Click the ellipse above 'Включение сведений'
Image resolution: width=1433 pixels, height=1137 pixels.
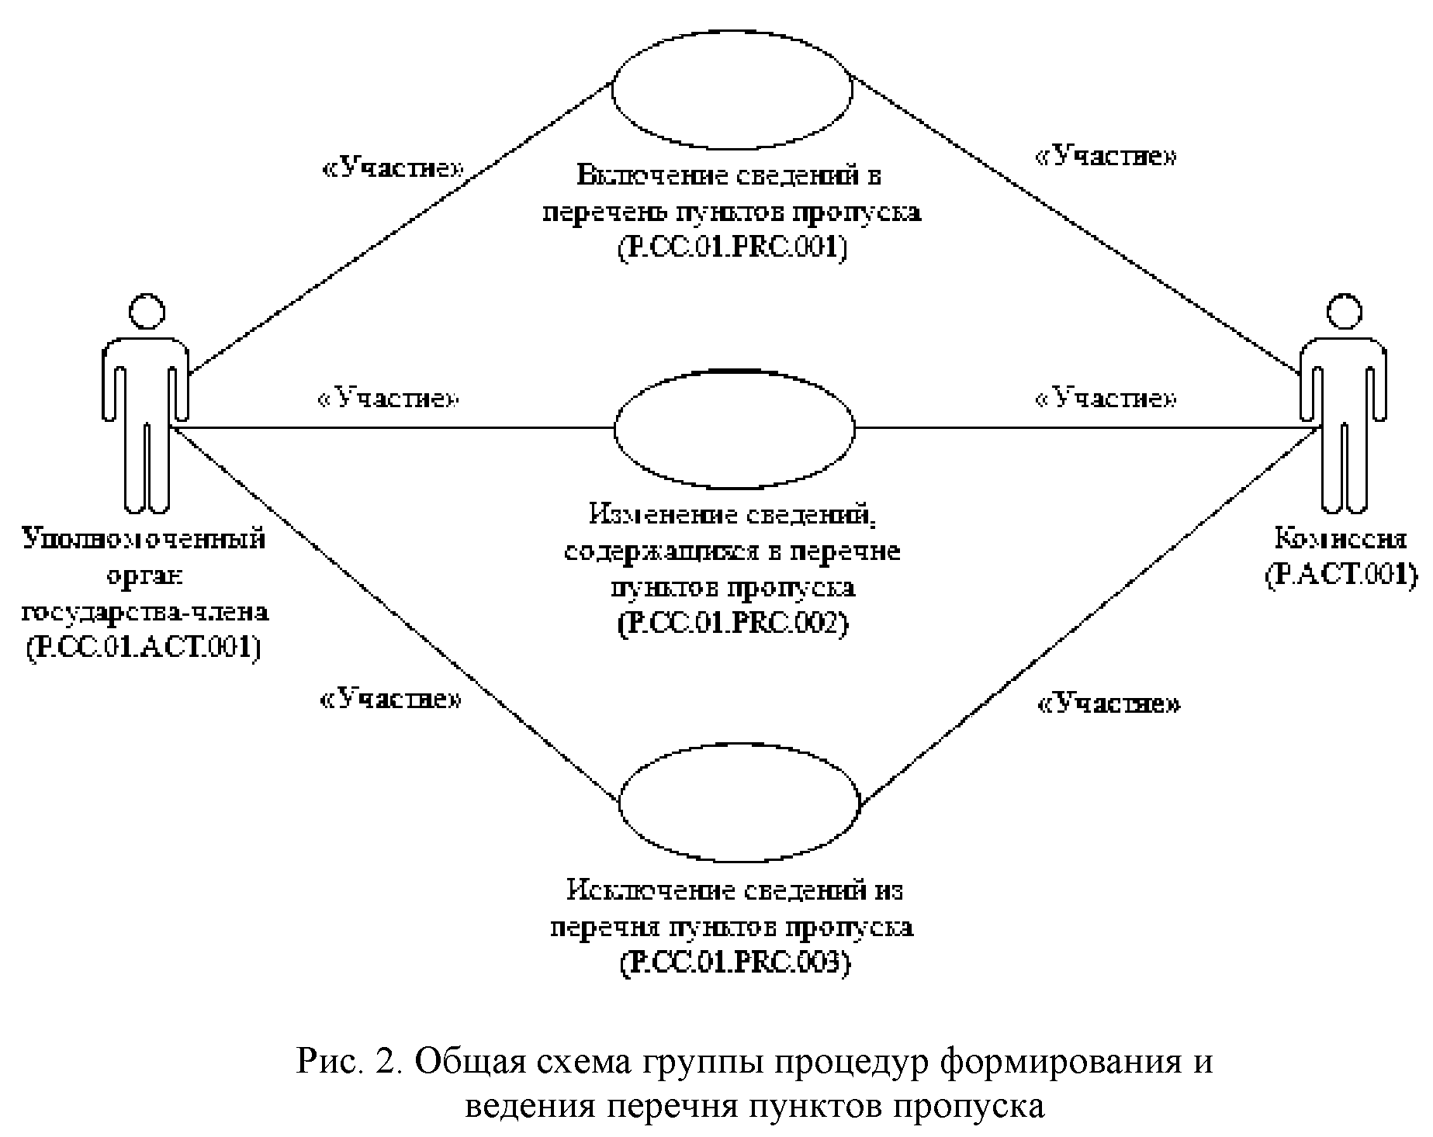[x=732, y=88]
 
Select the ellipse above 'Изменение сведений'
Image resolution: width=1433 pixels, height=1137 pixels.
[x=734, y=429]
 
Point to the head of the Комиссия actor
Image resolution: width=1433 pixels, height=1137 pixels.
[x=1345, y=312]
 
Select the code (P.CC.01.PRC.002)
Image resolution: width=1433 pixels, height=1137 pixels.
[x=732, y=623]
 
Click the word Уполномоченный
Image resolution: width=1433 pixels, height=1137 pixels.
[x=144, y=538]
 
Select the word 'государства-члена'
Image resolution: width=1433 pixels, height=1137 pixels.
[x=145, y=611]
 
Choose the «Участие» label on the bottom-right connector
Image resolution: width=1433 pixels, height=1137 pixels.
[x=1109, y=704]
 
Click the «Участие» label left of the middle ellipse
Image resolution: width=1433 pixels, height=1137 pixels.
[x=389, y=399]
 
